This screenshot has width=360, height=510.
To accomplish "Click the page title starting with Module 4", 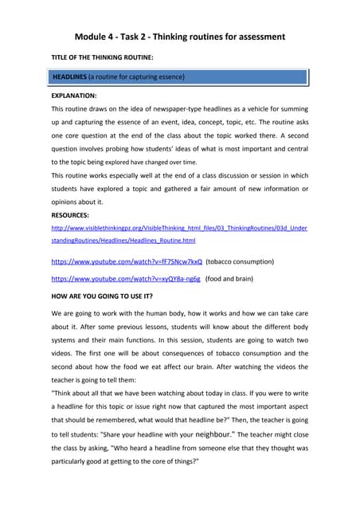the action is pyautogui.click(x=179, y=37).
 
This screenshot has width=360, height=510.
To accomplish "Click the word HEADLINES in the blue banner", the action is pyautogui.click(x=69, y=77).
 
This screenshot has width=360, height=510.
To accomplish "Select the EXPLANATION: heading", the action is pyautogui.click(x=74, y=95).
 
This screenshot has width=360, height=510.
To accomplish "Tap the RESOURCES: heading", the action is pyautogui.click(x=70, y=215).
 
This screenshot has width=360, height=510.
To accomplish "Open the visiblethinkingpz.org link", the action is pyautogui.click(x=179, y=228).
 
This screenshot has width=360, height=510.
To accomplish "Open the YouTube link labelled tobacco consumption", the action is pyautogui.click(x=126, y=261).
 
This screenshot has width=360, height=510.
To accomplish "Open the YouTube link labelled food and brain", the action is pyautogui.click(x=126, y=279).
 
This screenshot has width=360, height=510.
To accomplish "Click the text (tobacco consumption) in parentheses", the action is pyautogui.click(x=240, y=261).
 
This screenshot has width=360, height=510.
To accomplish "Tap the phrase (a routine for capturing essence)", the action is pyautogui.click(x=137, y=77).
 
